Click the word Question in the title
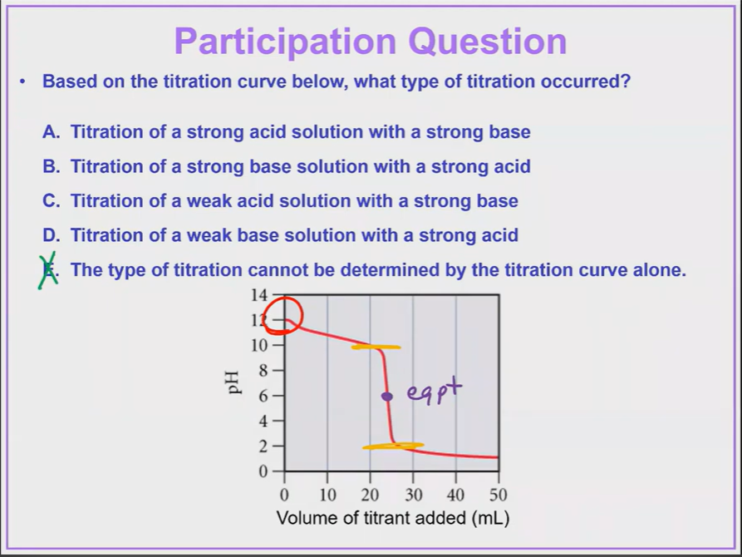click(489, 41)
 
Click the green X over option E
click(49, 269)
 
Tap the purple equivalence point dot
click(386, 397)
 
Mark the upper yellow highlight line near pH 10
click(376, 347)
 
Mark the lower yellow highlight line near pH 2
click(393, 446)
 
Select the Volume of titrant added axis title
click(391, 519)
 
